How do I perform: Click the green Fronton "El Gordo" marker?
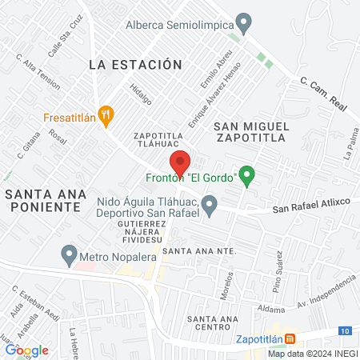(x=247, y=174)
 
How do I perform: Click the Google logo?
(x=27, y=350)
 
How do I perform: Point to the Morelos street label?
(x=229, y=284)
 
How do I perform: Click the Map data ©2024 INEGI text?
(x=312, y=354)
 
